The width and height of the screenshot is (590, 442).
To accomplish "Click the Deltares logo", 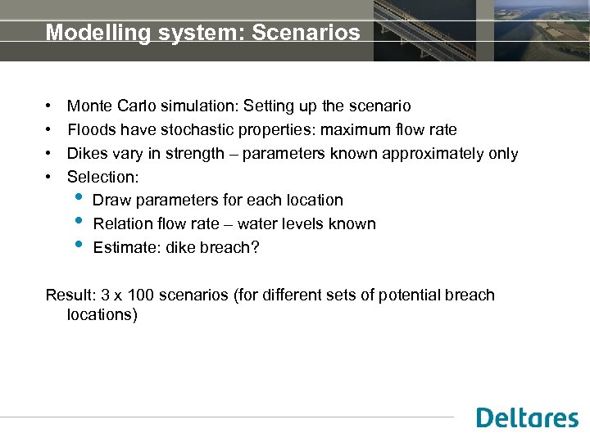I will tap(527, 417).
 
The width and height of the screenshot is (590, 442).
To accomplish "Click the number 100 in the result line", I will tap(143, 295).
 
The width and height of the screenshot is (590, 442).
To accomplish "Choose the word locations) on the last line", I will tap(102, 314).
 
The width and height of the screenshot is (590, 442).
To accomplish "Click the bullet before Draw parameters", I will tap(78, 197).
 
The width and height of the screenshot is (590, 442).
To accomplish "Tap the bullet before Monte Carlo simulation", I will tap(51, 107).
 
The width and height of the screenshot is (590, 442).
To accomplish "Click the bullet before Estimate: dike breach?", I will tap(78, 245).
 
